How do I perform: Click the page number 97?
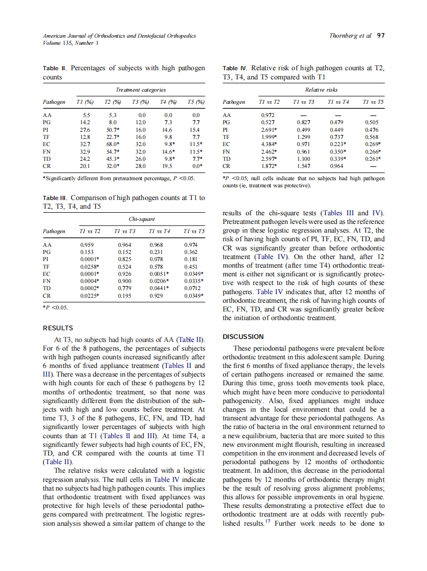coord(381,36)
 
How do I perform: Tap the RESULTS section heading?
coord(58,328)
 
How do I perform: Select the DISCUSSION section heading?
coord(243,337)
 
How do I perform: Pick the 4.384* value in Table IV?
coord(269,144)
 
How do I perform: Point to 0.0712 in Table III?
coord(190,288)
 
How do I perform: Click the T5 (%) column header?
coord(196,102)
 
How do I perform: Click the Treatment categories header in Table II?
coord(140,90)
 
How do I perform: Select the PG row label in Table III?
coord(47,252)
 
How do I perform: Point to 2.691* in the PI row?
coord(269,130)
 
